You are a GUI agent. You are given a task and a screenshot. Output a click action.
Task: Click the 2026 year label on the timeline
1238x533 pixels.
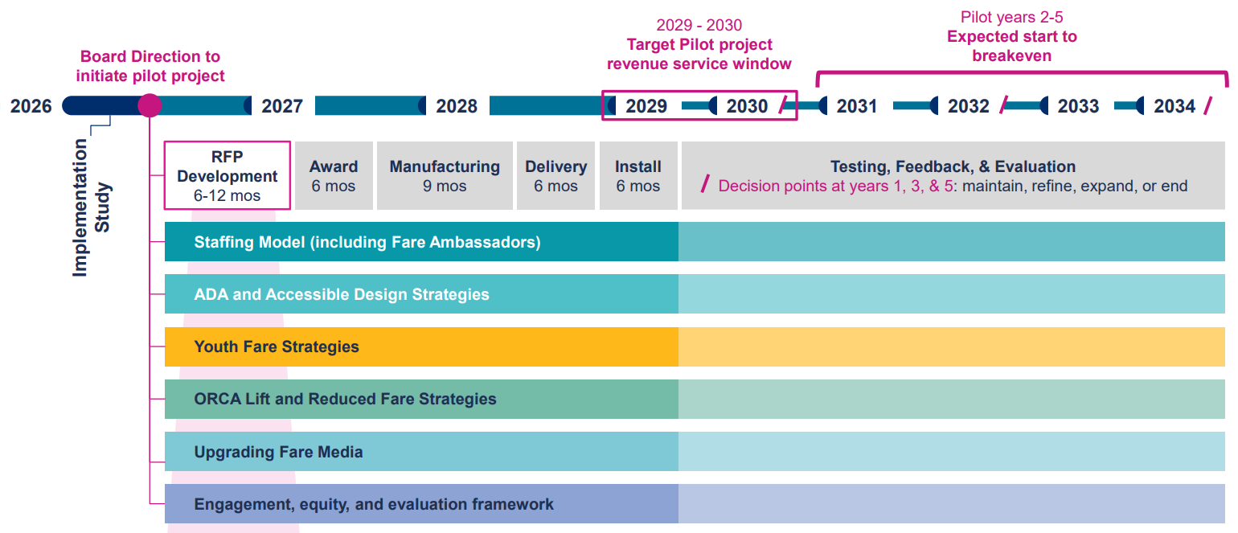31,105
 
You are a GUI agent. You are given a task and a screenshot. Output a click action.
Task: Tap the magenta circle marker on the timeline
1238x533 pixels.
150,105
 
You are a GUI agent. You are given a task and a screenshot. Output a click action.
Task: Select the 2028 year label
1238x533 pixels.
457,105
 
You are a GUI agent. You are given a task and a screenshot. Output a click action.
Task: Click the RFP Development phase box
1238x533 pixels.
228,175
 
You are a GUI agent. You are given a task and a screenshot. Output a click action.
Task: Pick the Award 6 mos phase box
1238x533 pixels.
334,175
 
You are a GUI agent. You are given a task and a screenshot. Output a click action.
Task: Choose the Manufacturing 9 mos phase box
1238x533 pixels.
445,175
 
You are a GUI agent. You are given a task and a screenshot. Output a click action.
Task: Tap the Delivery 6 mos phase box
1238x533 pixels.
556,175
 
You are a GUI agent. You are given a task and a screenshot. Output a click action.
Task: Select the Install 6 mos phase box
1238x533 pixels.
638,175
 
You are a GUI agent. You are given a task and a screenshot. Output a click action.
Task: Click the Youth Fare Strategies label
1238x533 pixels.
277,346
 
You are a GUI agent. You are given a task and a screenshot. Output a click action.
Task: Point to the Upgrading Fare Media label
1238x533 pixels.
278,452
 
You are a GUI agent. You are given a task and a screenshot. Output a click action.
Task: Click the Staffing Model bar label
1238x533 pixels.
367,242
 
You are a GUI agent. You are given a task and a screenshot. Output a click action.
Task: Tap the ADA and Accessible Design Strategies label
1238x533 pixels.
342,294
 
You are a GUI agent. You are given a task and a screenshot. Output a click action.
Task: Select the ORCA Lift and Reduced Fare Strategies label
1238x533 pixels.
346,399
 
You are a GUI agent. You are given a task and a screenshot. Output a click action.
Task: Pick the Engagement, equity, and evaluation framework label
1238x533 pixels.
374,504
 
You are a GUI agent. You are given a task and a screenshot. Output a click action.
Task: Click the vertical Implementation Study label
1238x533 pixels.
92,207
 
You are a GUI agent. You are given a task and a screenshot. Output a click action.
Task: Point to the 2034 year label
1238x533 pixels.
1174,105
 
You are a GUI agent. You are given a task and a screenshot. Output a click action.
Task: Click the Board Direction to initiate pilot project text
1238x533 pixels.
150,66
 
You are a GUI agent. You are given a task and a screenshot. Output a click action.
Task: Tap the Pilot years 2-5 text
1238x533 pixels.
1011,17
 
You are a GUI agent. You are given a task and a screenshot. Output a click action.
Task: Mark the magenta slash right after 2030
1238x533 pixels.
783,105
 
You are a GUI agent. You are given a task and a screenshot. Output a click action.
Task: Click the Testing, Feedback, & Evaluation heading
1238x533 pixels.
953,166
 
